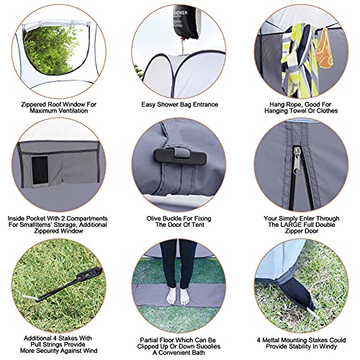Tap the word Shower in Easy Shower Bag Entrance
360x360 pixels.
(173, 104)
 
